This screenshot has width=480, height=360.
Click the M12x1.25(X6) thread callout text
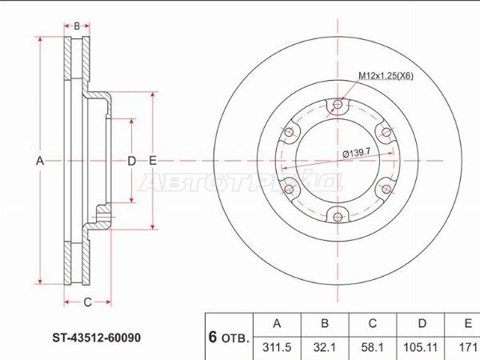386,76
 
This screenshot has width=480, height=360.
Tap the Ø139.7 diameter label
357,152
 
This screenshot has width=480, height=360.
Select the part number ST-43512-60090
97,338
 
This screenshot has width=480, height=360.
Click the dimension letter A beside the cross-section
40,161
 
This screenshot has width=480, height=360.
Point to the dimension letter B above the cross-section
77,26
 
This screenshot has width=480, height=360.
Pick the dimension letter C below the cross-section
87,302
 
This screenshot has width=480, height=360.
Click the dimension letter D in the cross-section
131,161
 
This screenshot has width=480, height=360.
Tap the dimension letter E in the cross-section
153,161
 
